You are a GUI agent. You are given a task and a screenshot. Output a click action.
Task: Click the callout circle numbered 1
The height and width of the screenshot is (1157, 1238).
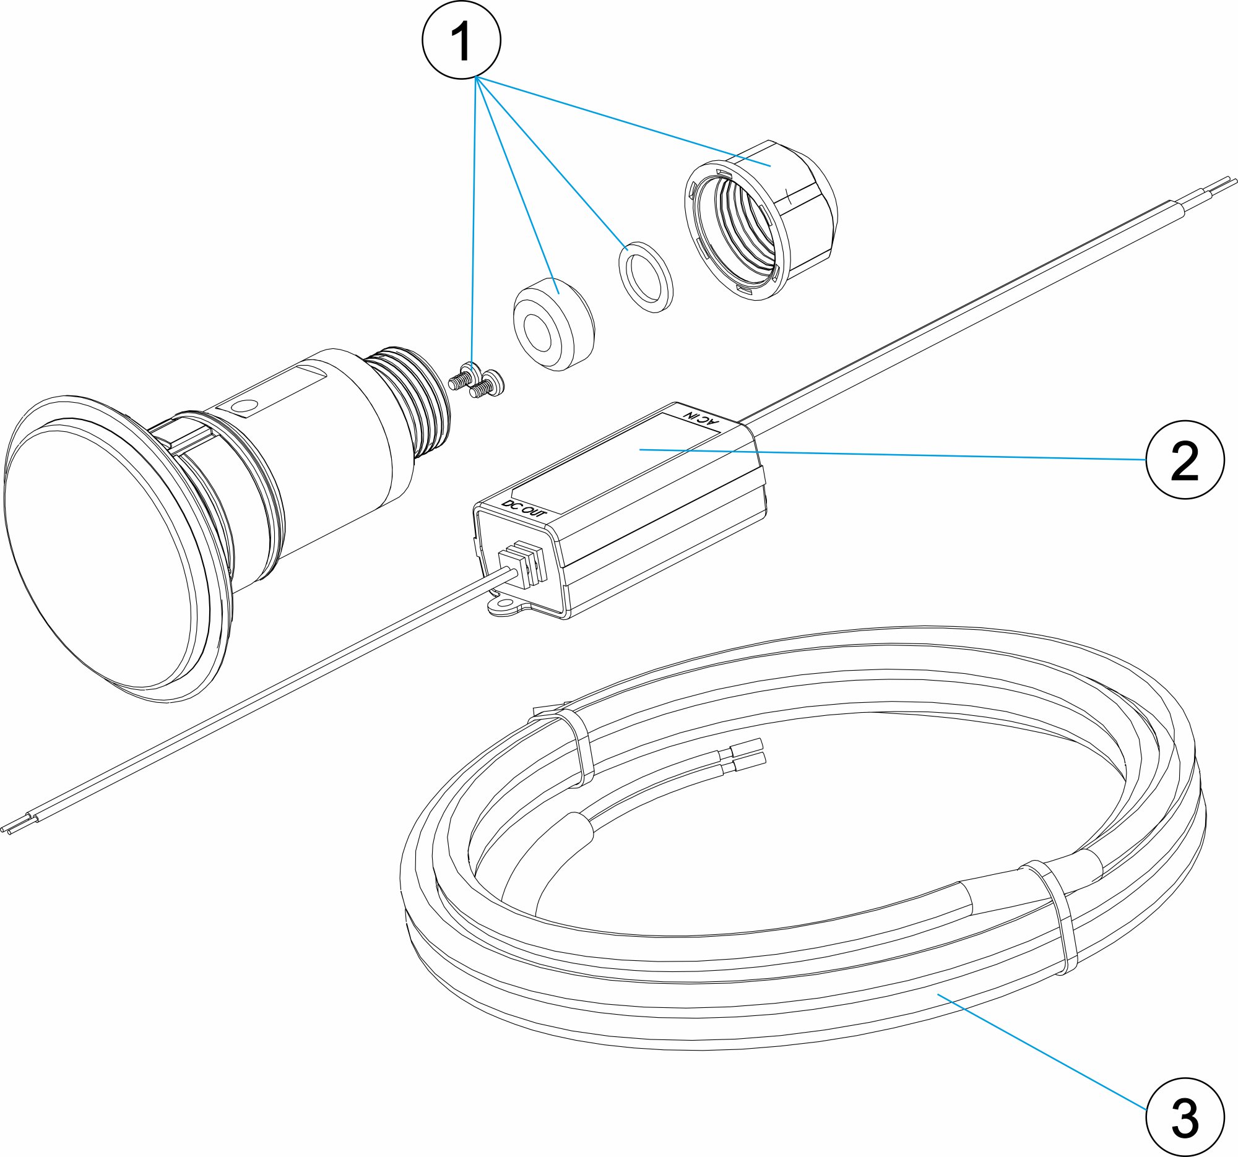(x=461, y=40)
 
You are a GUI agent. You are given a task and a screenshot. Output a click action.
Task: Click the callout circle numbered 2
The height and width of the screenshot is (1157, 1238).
(x=1184, y=459)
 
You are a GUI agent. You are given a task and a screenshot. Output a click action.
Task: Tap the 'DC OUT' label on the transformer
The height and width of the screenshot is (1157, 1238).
(x=524, y=509)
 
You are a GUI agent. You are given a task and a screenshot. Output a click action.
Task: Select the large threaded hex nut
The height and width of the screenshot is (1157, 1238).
(x=761, y=221)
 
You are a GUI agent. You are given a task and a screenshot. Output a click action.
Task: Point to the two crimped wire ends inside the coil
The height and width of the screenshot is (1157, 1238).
(x=747, y=751)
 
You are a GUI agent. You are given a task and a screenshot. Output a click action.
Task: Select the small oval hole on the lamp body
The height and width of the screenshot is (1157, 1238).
(x=243, y=406)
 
